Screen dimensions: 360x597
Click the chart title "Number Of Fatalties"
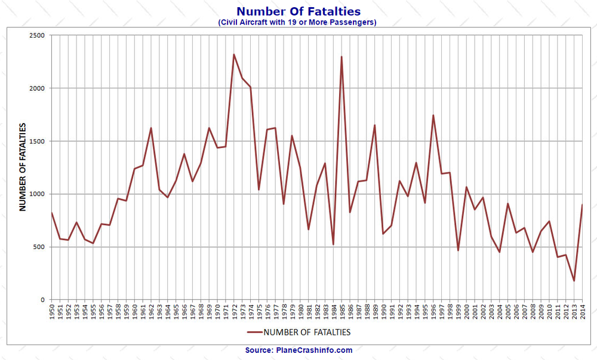pyautogui.click(x=298, y=11)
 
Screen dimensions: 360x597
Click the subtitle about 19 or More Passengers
pyautogui.click(x=298, y=23)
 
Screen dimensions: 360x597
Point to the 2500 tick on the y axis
pyautogui.click(x=37, y=35)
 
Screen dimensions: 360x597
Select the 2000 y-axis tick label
pyautogui.click(x=37, y=88)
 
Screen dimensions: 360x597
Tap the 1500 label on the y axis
pyautogui.click(x=37, y=141)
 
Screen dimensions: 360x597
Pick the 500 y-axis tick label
pyautogui.click(x=39, y=247)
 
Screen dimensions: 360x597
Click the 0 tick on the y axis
pyautogui.click(x=43, y=300)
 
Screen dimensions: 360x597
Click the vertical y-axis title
pyautogui.click(x=22, y=167)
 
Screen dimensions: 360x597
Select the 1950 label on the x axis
pyautogui.click(x=52, y=313)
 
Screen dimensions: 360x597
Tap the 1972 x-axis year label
pyautogui.click(x=234, y=313)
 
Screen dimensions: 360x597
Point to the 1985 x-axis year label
pyautogui.click(x=341, y=313)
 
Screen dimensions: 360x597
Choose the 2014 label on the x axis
pyautogui.click(x=581, y=313)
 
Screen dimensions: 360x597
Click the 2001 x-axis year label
pyautogui.click(x=474, y=313)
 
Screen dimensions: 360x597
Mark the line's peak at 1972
pyautogui.click(x=234, y=54)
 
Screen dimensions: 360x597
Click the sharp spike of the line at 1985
pyautogui.click(x=341, y=57)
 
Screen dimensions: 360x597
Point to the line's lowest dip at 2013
pyautogui.click(x=574, y=281)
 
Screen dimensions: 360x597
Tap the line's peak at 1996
pyautogui.click(x=433, y=115)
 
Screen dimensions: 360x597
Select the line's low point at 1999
pyautogui.click(x=458, y=250)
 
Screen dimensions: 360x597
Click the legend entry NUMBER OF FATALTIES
pyautogui.click(x=298, y=332)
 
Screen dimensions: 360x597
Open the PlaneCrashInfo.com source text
pyautogui.click(x=298, y=350)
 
